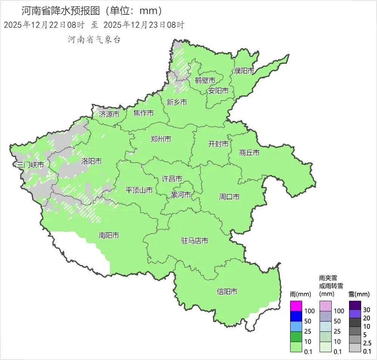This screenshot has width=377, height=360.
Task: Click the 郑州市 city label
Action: (x=161, y=139)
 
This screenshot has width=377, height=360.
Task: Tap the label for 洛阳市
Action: (x=91, y=161)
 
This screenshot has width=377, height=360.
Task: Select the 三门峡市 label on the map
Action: (x=31, y=164)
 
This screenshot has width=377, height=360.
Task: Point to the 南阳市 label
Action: (x=109, y=236)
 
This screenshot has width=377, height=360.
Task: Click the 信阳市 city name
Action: (x=227, y=292)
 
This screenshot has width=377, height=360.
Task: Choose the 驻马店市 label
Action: (x=195, y=241)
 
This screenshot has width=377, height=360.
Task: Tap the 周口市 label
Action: (x=229, y=197)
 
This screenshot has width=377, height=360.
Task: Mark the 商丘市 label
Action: (x=249, y=153)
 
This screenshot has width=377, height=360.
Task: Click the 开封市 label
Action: (x=218, y=144)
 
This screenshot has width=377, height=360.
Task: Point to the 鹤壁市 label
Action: (x=205, y=81)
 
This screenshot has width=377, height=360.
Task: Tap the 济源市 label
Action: (x=109, y=114)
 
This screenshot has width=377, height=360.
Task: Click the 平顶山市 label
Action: (x=139, y=190)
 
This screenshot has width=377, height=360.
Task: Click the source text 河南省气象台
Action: (x=94, y=40)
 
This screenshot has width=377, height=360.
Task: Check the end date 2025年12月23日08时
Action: (x=144, y=25)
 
